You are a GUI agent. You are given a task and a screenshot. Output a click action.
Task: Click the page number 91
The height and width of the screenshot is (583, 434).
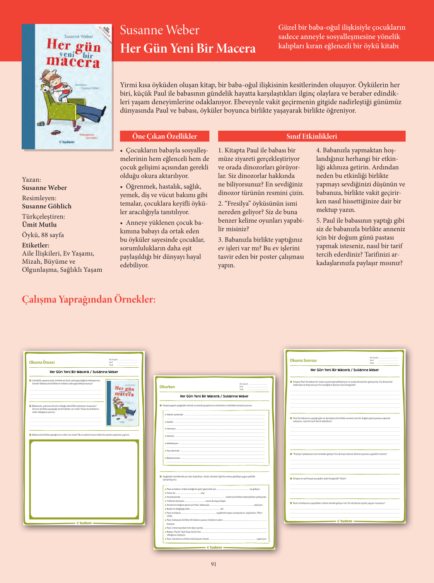point(214,564)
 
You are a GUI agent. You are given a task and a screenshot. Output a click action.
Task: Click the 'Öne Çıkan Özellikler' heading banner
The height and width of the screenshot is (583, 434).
point(164,136)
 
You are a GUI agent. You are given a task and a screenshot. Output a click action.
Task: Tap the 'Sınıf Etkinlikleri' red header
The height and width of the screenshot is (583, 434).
point(311,136)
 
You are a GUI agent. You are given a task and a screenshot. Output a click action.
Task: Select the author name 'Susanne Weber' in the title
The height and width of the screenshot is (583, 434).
point(159,30)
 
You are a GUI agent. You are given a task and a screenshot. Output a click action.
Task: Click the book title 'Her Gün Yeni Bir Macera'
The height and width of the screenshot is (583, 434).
point(188,48)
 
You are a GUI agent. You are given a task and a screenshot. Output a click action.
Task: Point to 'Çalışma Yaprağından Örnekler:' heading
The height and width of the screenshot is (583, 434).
point(89,299)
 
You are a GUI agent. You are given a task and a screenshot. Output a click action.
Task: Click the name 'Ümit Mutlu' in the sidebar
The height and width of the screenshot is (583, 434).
point(39,225)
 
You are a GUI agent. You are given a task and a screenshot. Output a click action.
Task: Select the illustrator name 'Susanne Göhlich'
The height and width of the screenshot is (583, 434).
point(47,206)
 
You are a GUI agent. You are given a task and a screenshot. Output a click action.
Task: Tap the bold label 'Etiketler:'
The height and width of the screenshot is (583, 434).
point(36,245)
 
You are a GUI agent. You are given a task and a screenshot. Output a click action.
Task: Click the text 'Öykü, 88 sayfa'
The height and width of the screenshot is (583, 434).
point(43,235)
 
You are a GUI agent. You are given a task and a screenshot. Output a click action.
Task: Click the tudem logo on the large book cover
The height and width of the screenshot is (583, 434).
point(67,142)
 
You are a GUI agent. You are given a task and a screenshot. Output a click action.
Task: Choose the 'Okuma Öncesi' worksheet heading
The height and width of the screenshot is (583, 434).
point(42,362)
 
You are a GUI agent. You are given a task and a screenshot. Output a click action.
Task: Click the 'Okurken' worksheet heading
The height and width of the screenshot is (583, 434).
point(167,387)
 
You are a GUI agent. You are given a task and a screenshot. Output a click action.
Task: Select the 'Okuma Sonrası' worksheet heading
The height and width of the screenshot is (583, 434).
point(303,360)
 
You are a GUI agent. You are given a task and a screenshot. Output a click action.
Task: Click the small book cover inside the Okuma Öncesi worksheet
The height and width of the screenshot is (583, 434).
point(122,403)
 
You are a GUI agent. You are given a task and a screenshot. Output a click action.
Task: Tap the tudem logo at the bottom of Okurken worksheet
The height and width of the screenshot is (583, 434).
point(214,547)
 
